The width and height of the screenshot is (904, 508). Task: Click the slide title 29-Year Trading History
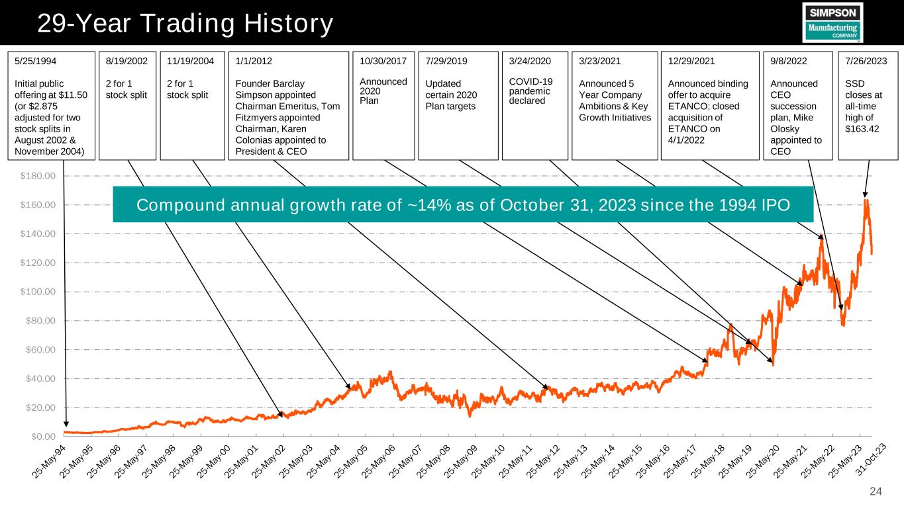click(185, 24)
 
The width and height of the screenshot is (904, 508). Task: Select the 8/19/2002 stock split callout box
click(126, 106)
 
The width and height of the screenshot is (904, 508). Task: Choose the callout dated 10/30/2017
click(383, 106)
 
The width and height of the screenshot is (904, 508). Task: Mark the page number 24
click(876, 491)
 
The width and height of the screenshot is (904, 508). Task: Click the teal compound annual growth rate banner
click(463, 204)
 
